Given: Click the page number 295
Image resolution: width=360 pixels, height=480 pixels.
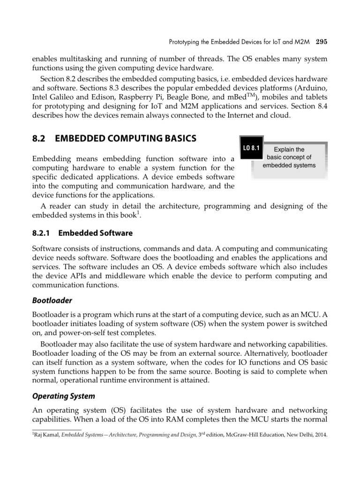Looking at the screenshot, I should (321, 42).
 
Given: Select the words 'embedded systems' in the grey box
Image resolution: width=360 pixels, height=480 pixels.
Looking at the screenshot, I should (289, 165).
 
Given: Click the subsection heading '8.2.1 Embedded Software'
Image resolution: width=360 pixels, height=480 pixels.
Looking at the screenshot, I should (82, 233).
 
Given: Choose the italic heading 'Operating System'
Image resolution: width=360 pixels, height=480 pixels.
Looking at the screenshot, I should (63, 396).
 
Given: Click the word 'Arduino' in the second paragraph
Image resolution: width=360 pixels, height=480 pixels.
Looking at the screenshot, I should (313, 89).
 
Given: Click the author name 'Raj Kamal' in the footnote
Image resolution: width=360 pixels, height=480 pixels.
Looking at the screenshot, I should (46, 434).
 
